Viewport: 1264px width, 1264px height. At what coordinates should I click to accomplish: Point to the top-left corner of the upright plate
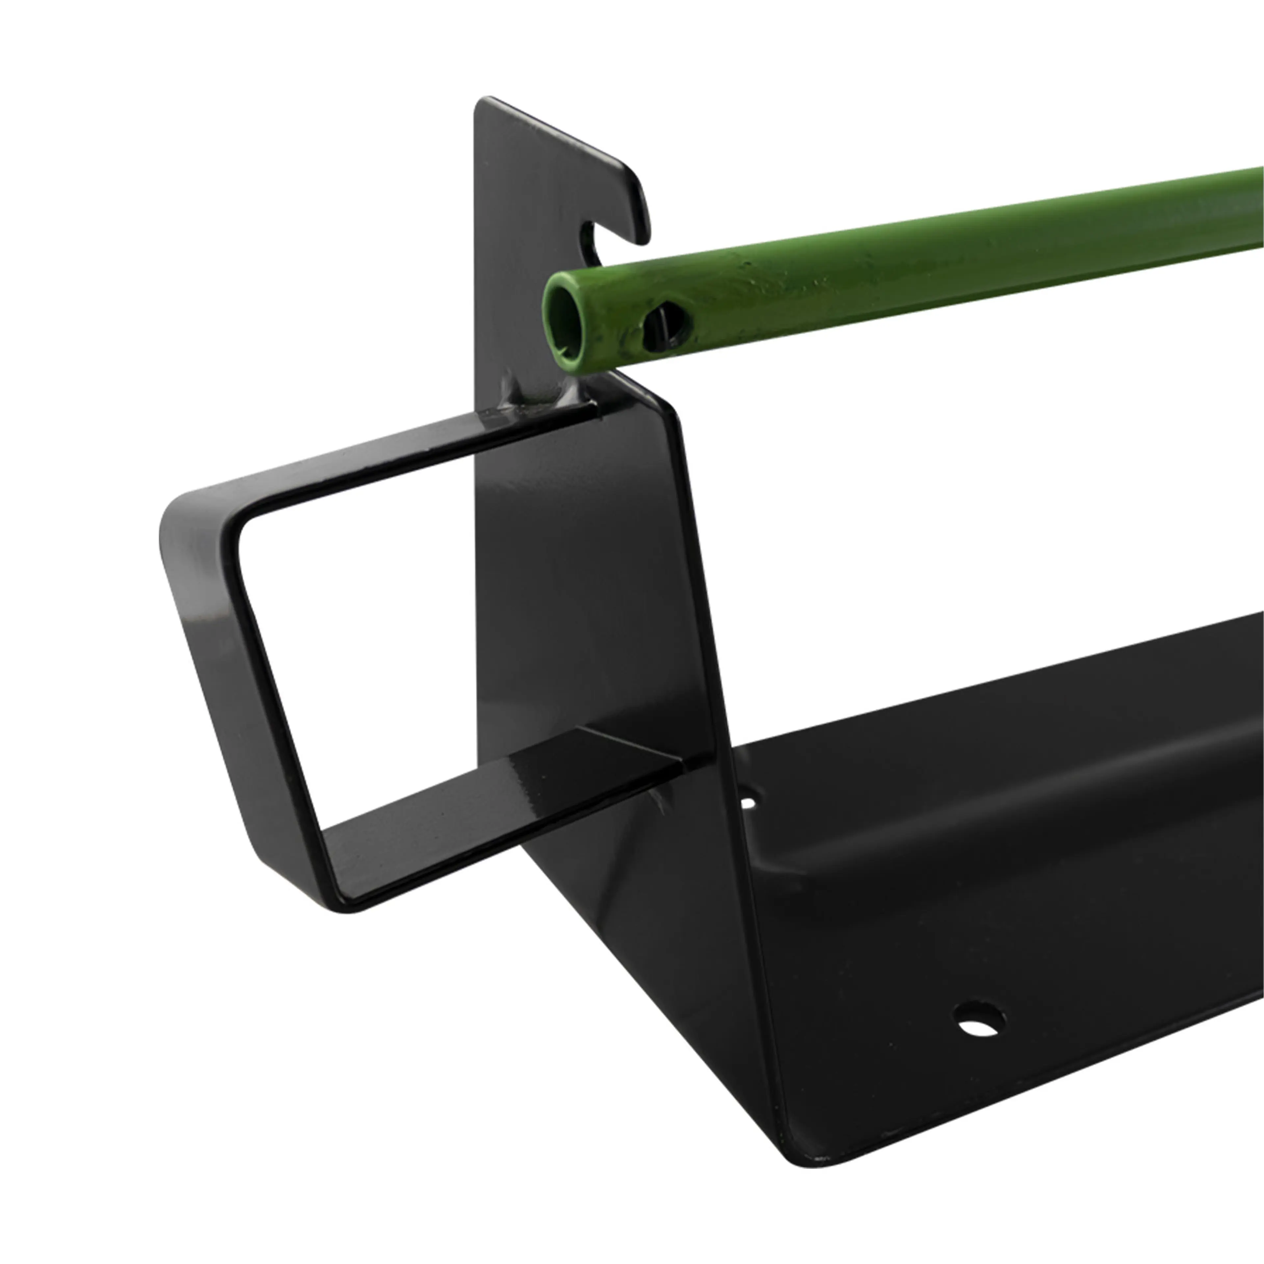click(x=484, y=105)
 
